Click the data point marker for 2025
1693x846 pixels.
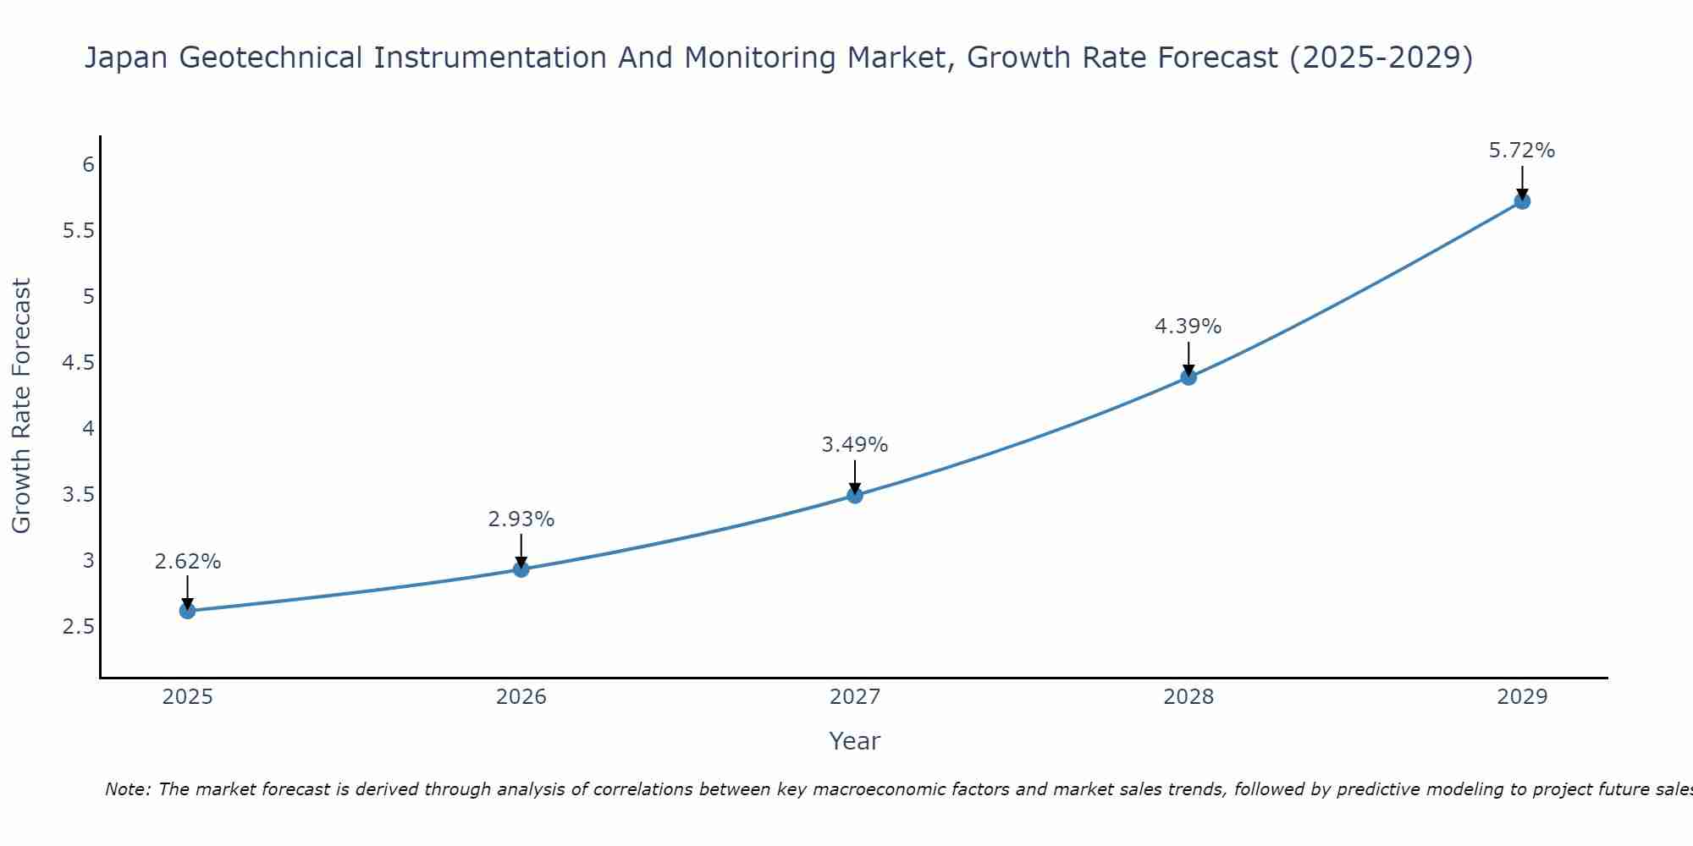point(188,611)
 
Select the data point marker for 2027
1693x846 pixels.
point(855,495)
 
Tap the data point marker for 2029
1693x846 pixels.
point(1522,201)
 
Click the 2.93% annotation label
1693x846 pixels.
point(521,519)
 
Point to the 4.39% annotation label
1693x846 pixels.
point(1188,327)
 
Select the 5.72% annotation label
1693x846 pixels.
point(1522,151)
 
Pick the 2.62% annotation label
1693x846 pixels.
point(188,562)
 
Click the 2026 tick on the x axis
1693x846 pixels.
point(521,697)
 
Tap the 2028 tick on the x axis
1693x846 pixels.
point(1188,697)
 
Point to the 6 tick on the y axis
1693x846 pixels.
point(88,164)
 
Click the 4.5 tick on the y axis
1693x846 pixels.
point(79,363)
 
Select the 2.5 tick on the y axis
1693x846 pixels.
point(79,627)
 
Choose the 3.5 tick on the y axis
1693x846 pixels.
point(79,495)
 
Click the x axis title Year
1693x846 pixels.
point(855,741)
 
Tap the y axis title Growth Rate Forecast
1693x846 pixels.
point(22,406)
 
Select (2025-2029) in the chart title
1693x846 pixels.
point(1381,58)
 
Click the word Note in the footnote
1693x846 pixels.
point(127,789)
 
